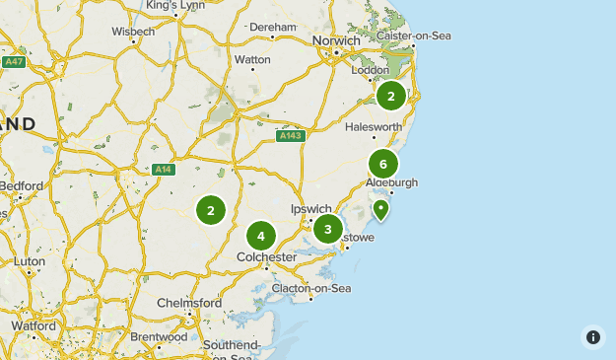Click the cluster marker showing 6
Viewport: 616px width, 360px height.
click(383, 164)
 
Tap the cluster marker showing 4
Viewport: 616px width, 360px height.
click(260, 235)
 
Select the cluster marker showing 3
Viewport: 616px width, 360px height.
click(328, 229)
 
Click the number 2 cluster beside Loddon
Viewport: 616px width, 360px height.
click(391, 96)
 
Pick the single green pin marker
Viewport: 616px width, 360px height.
click(380, 208)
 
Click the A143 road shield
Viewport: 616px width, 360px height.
click(290, 136)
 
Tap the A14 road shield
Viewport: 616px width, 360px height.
click(163, 170)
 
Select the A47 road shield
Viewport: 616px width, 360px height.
click(13, 62)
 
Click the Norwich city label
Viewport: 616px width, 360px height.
click(336, 40)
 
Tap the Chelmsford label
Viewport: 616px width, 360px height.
click(189, 303)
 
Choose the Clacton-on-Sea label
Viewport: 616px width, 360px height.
click(312, 288)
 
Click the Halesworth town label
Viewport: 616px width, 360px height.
click(374, 127)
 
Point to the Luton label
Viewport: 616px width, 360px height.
click(30, 262)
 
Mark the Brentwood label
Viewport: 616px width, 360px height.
click(158, 337)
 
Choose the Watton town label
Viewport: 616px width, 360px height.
click(252, 59)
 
